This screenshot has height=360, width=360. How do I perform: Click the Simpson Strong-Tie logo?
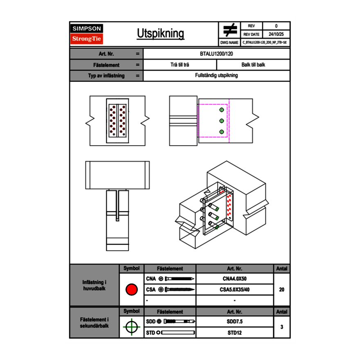click(87, 34)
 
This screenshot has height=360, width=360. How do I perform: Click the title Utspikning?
click(160, 34)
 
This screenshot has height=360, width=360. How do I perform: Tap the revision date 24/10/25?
click(276, 34)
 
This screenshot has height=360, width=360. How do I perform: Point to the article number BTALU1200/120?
click(216, 54)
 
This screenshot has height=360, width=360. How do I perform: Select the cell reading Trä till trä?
click(180, 65)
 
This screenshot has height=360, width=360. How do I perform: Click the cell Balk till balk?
click(253, 65)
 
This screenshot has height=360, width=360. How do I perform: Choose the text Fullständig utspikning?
click(216, 76)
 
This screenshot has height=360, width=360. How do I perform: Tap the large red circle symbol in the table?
click(131, 290)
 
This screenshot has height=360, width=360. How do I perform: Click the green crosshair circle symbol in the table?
click(131, 327)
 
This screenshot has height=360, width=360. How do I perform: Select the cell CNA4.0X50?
click(234, 279)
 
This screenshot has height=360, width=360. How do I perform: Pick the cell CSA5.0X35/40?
click(234, 290)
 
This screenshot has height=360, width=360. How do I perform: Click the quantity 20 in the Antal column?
click(281, 290)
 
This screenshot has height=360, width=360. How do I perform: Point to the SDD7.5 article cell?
click(234, 322)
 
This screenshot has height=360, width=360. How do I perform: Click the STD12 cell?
click(234, 333)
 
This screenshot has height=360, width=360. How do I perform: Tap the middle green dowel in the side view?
click(221, 121)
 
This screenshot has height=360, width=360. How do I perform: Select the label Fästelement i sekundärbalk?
click(94, 323)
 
